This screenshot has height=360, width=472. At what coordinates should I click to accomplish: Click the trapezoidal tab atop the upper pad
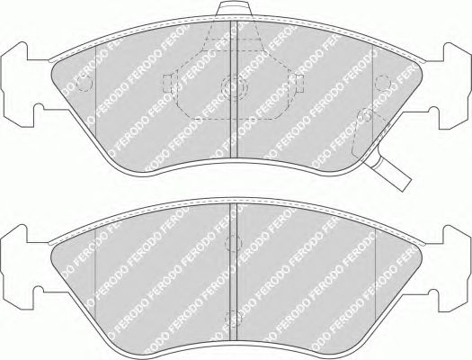tap(234, 8)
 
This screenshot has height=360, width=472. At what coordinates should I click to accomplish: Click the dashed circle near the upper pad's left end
tap(85, 84)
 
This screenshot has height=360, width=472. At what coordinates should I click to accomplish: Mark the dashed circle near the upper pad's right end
tap(383, 83)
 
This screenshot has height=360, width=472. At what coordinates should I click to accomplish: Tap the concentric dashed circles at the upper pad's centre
tap(234, 88)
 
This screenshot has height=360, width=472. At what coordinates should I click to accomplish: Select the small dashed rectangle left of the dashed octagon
tap(167, 84)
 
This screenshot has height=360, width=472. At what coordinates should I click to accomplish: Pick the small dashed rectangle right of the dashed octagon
tap(299, 84)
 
